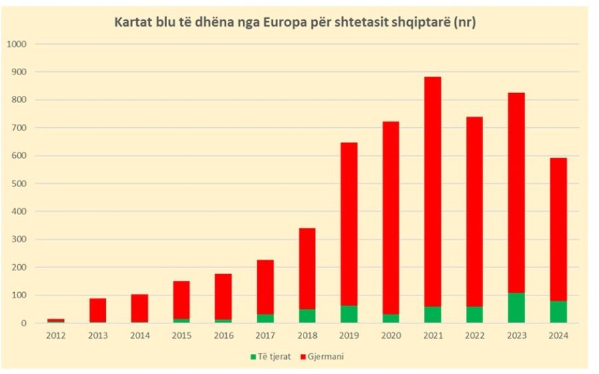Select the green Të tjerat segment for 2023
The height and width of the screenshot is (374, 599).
point(516,308)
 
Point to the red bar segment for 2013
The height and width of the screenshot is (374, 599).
point(98,310)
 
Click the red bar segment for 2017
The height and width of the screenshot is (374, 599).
point(265,286)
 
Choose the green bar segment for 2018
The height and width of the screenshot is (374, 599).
point(307,315)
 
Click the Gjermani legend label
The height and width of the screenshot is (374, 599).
point(327,357)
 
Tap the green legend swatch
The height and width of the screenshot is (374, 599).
point(254,357)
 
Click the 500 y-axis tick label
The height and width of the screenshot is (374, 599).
point(20,184)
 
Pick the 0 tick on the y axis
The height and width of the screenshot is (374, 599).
point(25,323)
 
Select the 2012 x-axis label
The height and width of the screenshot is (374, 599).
point(56,335)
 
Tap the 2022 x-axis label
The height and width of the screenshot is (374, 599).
point(474,335)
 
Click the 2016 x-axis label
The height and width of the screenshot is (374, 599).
point(223,335)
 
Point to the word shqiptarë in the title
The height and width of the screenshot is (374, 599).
point(423,23)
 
